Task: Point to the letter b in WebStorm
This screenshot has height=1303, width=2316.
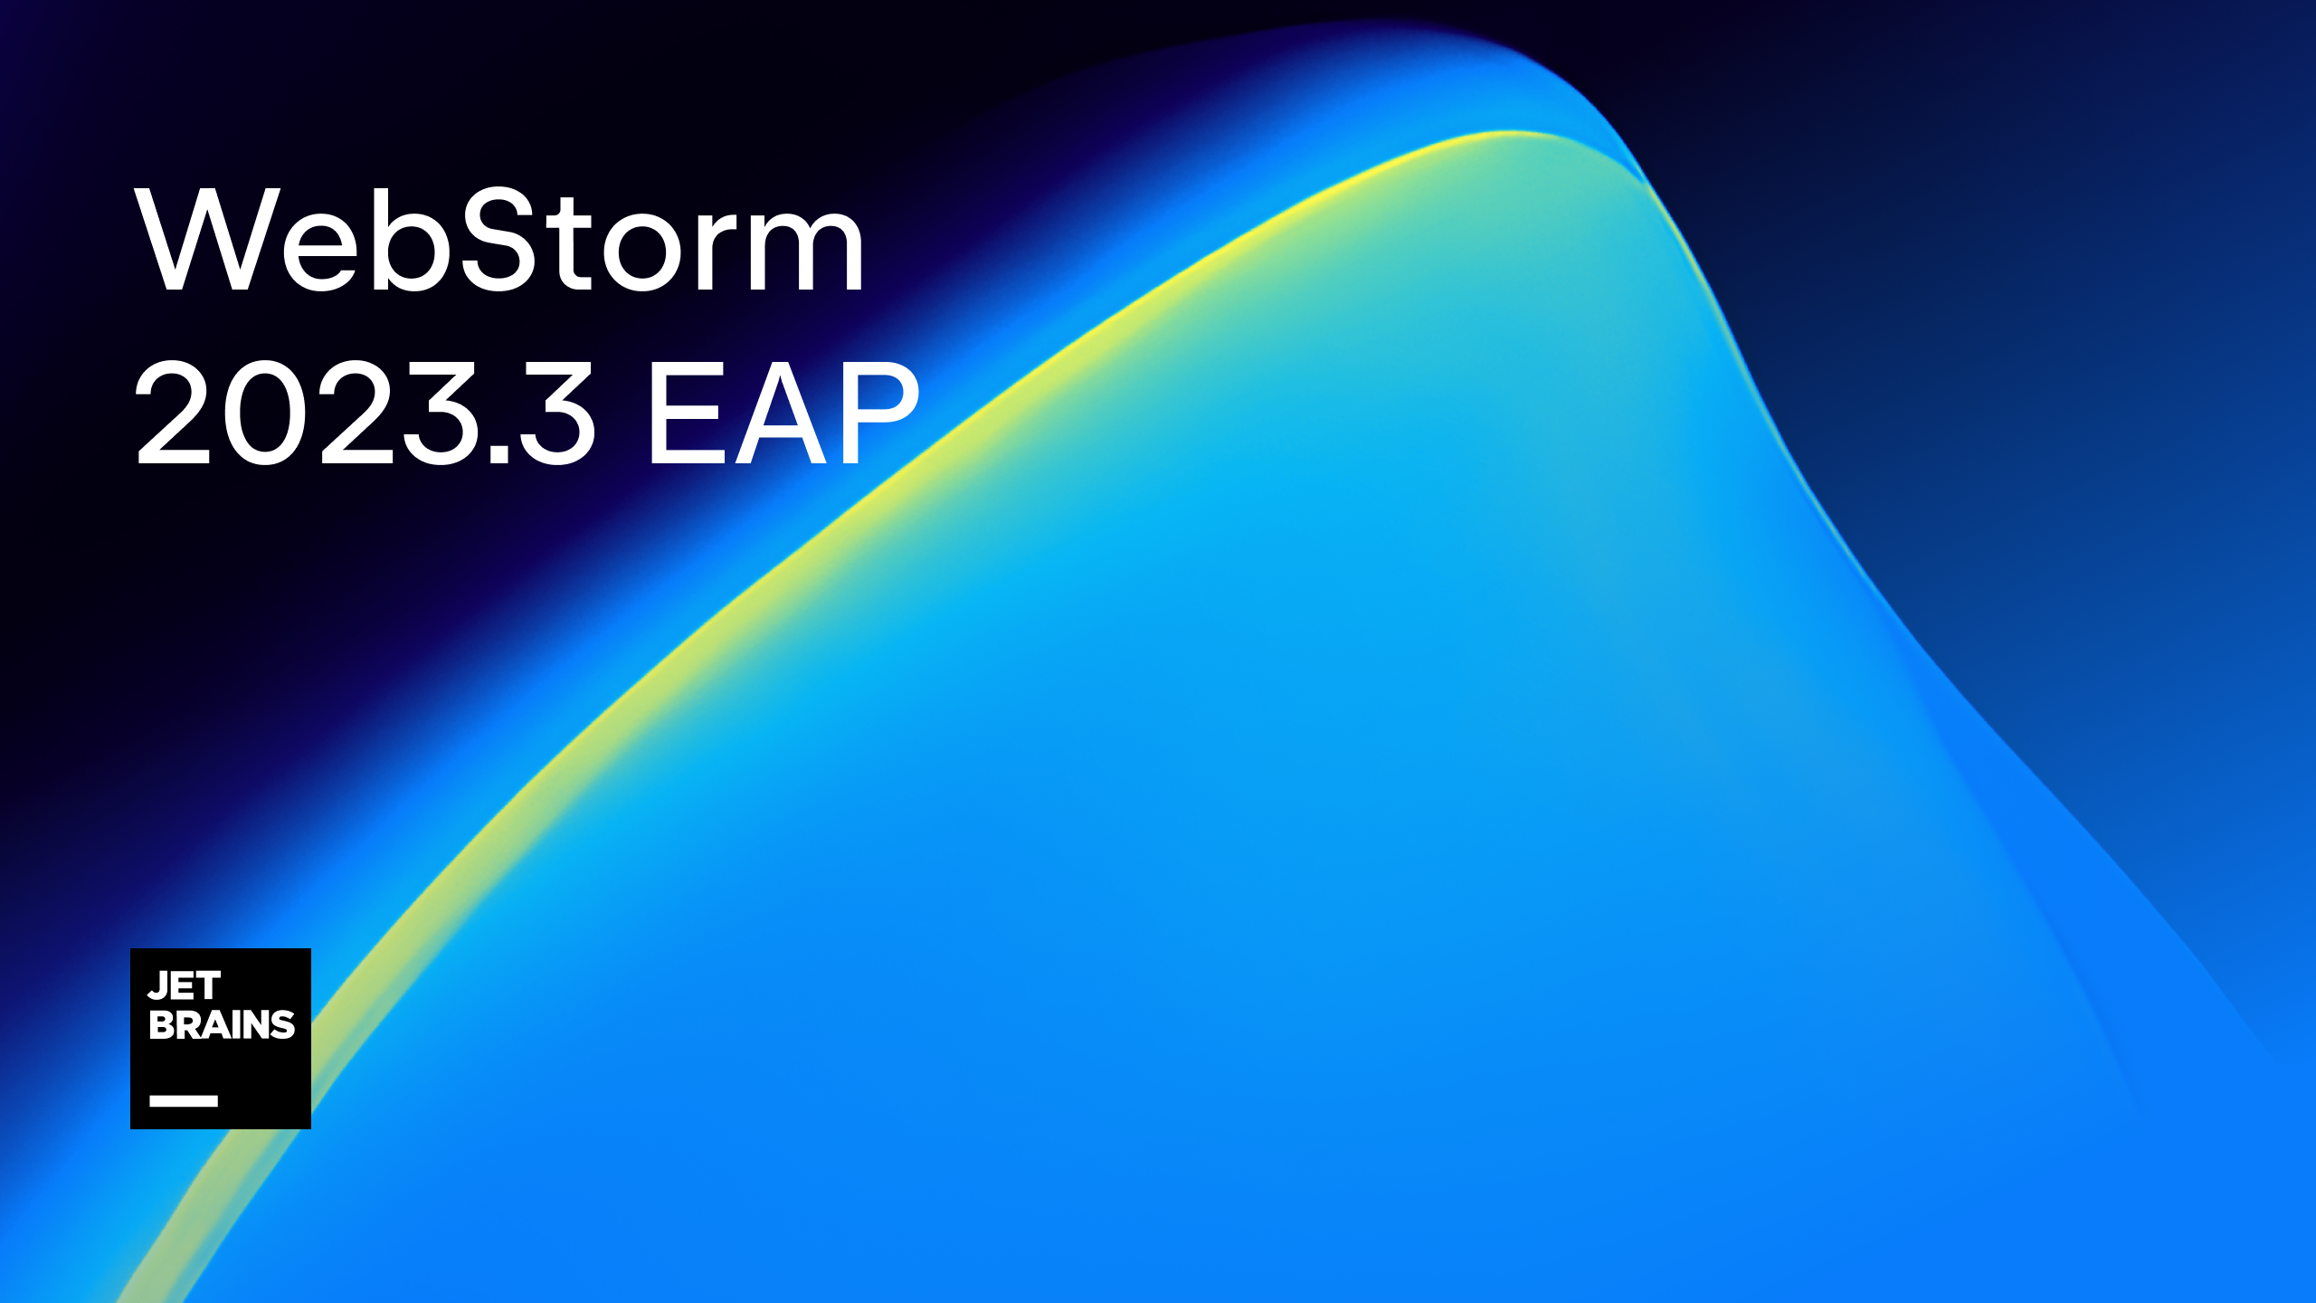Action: (x=411, y=243)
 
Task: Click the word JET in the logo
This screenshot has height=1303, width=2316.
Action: (x=185, y=985)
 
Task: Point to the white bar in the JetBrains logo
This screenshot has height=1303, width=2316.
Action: (x=184, y=1100)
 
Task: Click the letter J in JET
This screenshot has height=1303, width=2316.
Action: (x=159, y=985)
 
